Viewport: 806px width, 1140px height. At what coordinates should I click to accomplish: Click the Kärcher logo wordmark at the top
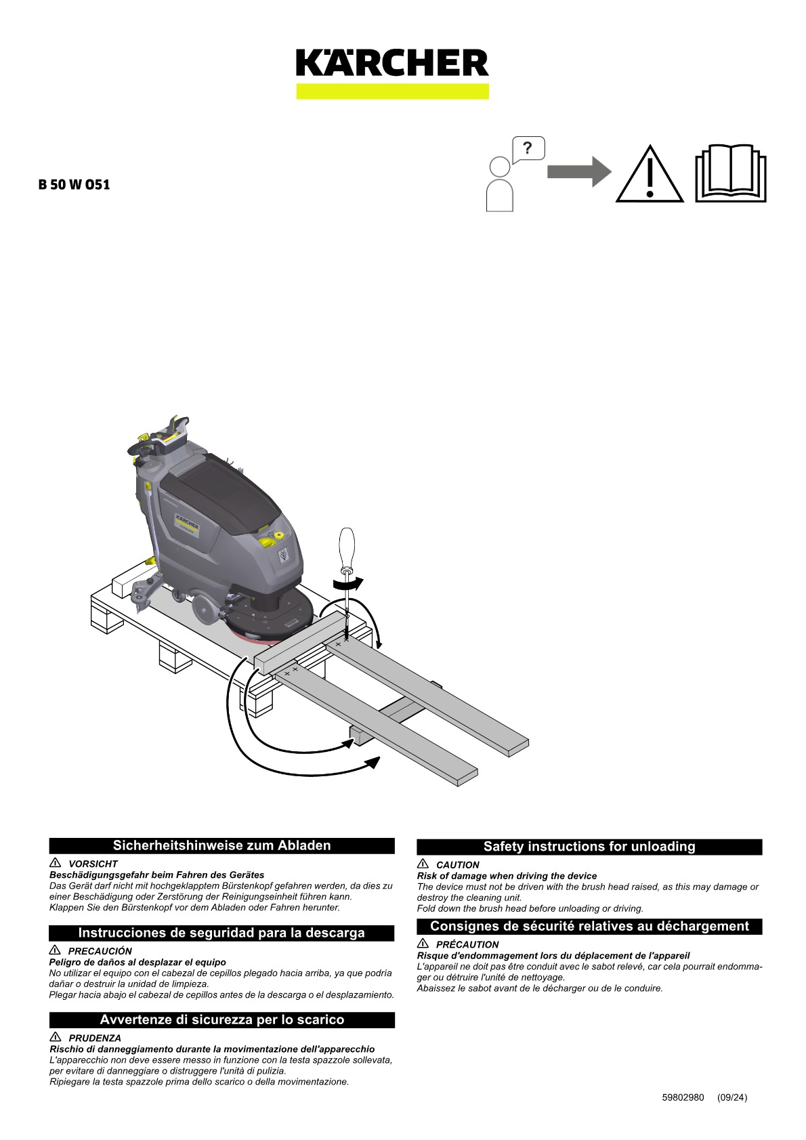(x=392, y=62)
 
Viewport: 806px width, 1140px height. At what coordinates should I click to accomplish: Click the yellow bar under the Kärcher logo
(x=392, y=91)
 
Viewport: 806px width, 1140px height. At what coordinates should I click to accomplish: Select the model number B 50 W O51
(x=75, y=184)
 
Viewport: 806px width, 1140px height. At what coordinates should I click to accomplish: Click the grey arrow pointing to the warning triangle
(x=579, y=172)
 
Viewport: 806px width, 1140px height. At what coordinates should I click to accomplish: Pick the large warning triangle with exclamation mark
(x=650, y=174)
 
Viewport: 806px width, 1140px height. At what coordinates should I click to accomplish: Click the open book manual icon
(x=731, y=173)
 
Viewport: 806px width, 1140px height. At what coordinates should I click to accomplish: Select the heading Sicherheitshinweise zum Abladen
(x=222, y=845)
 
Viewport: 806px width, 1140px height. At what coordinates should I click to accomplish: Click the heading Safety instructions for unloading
(x=589, y=846)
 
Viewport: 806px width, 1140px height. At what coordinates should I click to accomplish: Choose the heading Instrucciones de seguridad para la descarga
(x=221, y=933)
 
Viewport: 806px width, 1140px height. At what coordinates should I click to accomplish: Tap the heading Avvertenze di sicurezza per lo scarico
(x=222, y=1019)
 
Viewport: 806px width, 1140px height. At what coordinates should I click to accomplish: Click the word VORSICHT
(x=93, y=864)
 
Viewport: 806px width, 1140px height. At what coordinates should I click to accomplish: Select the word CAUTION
(x=458, y=865)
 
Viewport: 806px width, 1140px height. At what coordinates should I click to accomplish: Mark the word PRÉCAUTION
(x=467, y=944)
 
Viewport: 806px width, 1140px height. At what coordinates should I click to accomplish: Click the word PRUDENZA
(x=95, y=1038)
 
